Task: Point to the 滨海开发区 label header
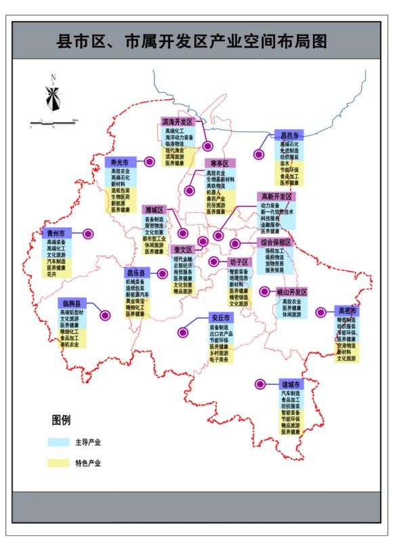(178, 122)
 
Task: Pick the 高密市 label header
(346, 310)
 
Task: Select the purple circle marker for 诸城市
(259, 384)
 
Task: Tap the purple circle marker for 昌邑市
(258, 154)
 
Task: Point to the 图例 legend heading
(61, 420)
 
